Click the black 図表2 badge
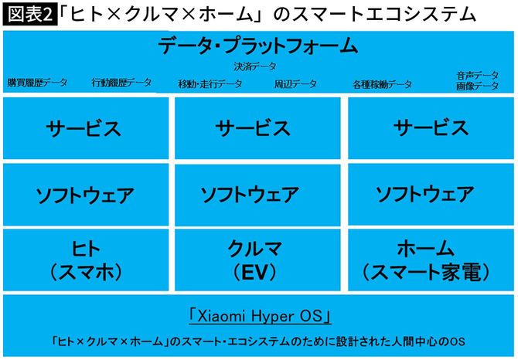click(29, 14)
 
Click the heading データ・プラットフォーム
click(258, 46)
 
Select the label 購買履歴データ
click(38, 83)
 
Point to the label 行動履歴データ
click(121, 83)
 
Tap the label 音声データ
click(477, 76)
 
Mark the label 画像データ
click(477, 87)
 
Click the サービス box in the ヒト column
click(84, 127)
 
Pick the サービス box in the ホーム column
click(431, 127)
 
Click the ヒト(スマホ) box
click(84, 260)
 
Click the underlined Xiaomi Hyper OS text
click(260, 316)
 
